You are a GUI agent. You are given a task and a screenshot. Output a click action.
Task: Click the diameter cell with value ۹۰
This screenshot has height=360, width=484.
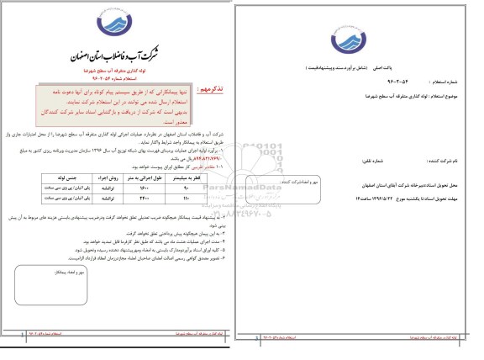(x=186, y=189)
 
